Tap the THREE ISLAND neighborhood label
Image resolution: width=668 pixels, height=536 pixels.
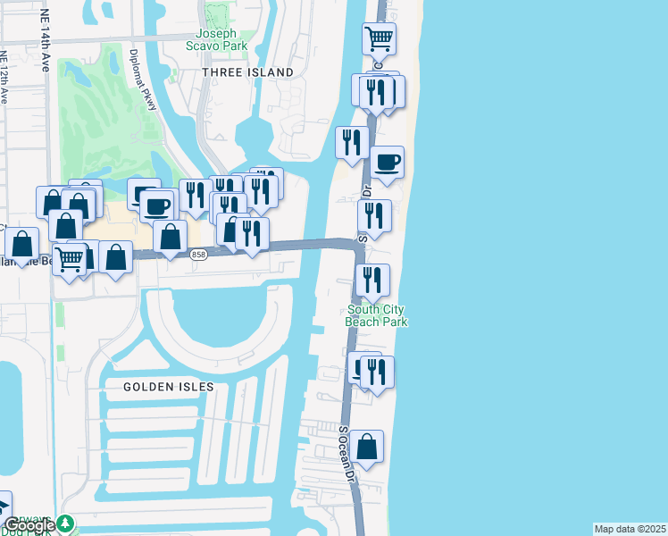click(247, 71)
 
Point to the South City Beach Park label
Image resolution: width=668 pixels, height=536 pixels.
click(377, 315)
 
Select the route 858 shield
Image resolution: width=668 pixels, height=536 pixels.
click(199, 255)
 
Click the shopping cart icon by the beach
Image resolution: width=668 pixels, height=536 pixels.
click(379, 39)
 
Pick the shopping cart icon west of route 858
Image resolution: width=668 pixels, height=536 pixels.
click(70, 258)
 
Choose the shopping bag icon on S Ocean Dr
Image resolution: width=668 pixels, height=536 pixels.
click(366, 446)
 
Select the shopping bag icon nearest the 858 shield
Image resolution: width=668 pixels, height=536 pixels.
click(170, 237)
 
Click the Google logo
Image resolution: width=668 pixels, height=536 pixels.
click(28, 525)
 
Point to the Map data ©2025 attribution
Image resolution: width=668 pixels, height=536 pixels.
click(630, 529)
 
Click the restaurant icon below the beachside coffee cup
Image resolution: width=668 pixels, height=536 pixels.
click(374, 215)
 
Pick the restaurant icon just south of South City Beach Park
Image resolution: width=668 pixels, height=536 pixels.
click(377, 372)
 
